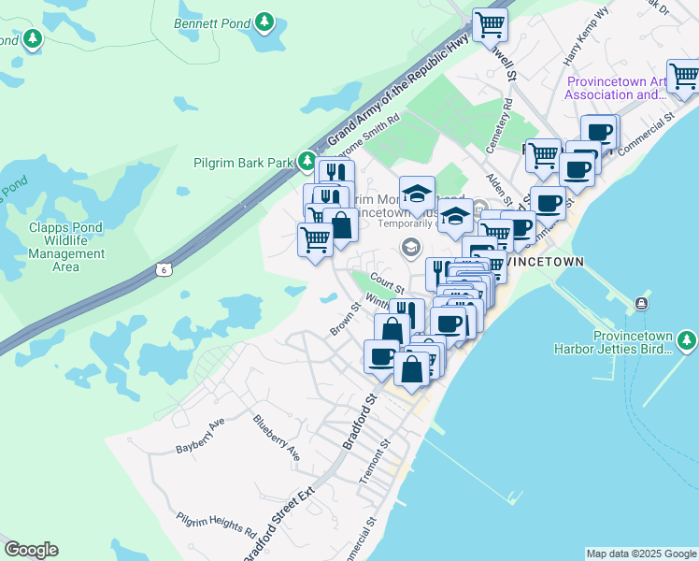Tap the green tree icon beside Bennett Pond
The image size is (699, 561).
[x=265, y=21]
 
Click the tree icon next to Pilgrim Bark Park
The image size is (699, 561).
[x=307, y=162]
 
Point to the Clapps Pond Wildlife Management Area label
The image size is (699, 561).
[x=66, y=247]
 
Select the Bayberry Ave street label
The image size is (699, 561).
[x=201, y=437]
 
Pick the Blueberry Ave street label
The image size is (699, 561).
[x=278, y=437]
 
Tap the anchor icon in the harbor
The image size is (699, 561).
[x=642, y=304]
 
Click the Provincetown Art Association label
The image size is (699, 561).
[x=617, y=88]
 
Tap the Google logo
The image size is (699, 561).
[x=31, y=550]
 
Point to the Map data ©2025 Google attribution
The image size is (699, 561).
[x=641, y=554]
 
